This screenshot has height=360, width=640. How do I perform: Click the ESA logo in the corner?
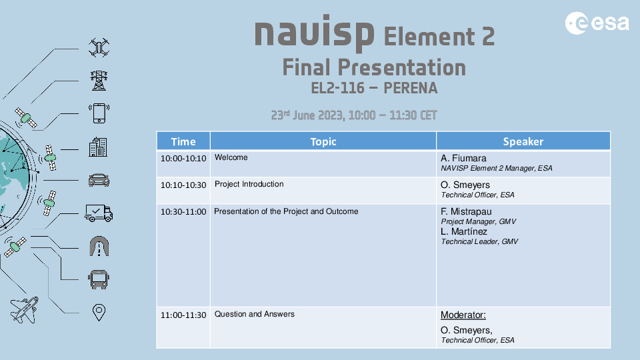coord(597,23)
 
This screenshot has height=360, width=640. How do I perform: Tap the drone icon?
coord(99,47)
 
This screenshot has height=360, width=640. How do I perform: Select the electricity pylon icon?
coord(99,80)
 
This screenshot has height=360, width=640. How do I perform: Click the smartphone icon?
coord(99,113)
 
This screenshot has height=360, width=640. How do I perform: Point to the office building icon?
coord(99,147)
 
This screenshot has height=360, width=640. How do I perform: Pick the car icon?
coord(99,180)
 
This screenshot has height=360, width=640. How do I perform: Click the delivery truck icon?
coord(99,213)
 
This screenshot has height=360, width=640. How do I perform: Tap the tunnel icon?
coord(99,246)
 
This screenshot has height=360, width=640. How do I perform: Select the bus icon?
coord(99,279)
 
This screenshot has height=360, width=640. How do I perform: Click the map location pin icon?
coord(99,312)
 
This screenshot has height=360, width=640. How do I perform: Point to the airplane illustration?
coord(25,309)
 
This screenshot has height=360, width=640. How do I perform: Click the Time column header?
coord(183,141)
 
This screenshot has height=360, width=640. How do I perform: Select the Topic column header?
coord(323,141)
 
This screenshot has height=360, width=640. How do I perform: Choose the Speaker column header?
coord(523,141)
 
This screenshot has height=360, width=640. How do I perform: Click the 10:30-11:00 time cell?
coord(183,212)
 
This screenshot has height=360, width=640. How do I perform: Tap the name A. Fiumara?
coord(463,159)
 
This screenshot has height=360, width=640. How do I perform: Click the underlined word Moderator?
coord(463,315)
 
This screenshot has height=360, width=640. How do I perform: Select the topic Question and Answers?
coord(254,314)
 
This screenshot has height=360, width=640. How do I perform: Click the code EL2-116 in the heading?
coord(338,87)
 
